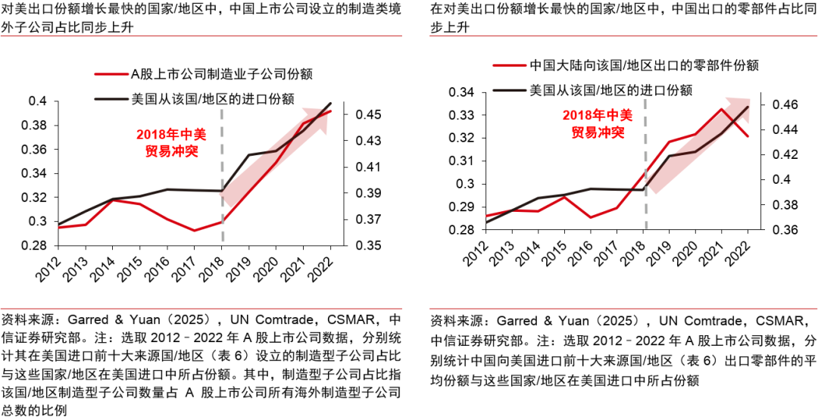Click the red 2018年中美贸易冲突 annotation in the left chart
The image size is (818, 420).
170,142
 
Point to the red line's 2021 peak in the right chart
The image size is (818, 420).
721,109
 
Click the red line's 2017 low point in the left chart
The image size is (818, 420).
194,230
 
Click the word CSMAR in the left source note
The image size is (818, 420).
364,319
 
